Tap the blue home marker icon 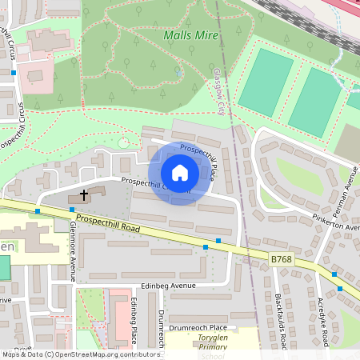click(179, 173)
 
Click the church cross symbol click(84, 194)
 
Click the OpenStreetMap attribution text click(80, 354)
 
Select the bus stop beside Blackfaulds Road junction click(218, 240)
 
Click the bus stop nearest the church click(72, 210)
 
